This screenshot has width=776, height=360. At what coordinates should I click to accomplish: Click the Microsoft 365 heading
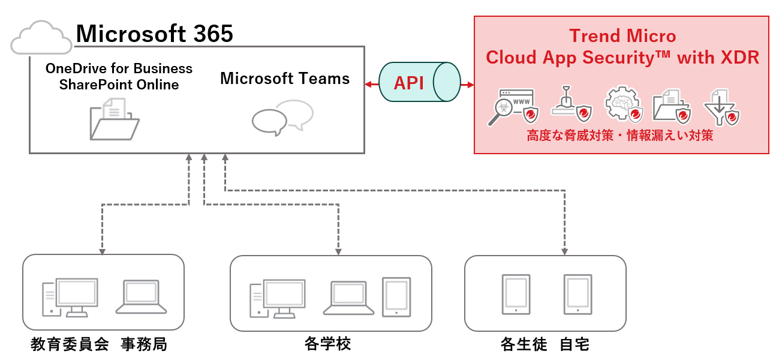pyautogui.click(x=154, y=34)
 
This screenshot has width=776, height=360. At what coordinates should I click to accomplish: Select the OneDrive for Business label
pyautogui.click(x=119, y=69)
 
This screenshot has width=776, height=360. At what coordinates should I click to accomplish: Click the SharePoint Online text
pyautogui.click(x=119, y=85)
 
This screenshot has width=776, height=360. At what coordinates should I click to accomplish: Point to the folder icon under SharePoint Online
pyautogui.click(x=115, y=119)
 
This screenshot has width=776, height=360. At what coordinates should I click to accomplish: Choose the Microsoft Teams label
pyautogui.click(x=285, y=79)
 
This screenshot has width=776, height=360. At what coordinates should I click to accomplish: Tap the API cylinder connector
pyautogui.click(x=419, y=83)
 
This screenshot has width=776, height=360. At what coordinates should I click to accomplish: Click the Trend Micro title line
pyautogui.click(x=622, y=36)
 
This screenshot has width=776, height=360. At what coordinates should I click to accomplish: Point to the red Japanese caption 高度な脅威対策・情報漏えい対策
pyautogui.click(x=620, y=136)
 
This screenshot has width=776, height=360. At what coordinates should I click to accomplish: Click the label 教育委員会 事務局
pyautogui.click(x=99, y=344)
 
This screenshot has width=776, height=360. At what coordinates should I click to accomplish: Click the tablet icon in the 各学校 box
pyautogui.click(x=396, y=296)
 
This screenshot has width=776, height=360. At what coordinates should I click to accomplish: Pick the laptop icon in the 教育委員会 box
pyautogui.click(x=141, y=296)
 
